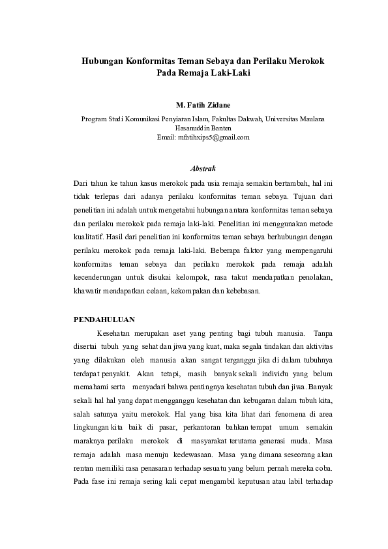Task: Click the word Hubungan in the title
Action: pyautogui.click(x=102, y=60)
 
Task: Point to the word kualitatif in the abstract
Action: pyautogui.click(x=93, y=237)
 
